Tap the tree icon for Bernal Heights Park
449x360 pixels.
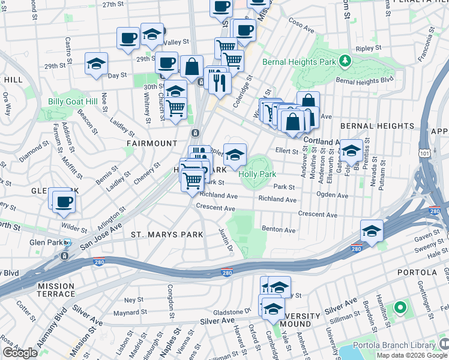[x=345, y=61]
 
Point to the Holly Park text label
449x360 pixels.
[x=257, y=174]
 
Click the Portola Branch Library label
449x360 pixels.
[x=393, y=345]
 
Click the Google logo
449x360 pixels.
[x=20, y=353]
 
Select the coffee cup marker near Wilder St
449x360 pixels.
[x=64, y=202]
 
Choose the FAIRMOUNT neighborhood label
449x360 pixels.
[x=151, y=143]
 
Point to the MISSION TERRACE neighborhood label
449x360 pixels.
[x=56, y=290]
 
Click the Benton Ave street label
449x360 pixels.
[x=279, y=230]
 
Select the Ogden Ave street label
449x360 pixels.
[x=332, y=195]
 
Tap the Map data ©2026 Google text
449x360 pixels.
[x=412, y=355]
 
